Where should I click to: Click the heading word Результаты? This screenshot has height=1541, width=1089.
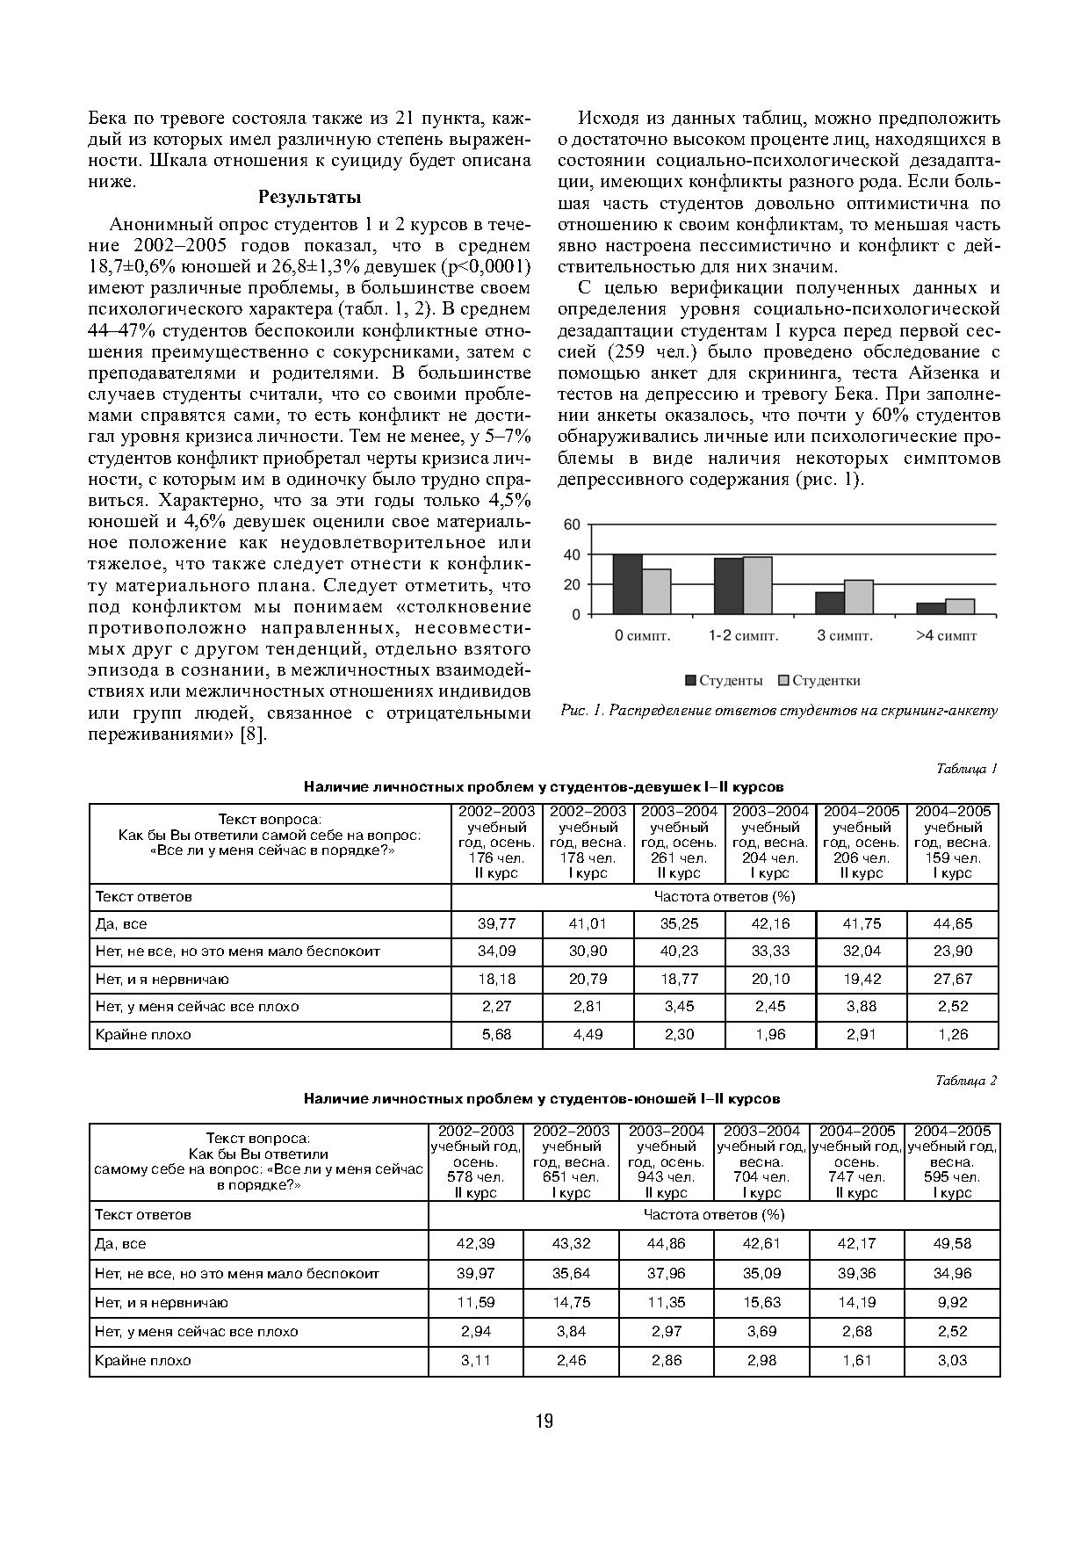coord(309,198)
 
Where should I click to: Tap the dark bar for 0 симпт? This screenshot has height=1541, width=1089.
coord(627,584)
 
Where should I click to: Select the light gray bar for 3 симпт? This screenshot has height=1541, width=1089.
coord(858,597)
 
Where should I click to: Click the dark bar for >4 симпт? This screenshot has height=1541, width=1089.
coord(931,608)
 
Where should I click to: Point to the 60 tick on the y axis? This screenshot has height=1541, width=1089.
coord(572,525)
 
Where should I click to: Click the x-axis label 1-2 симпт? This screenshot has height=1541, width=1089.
coord(743,636)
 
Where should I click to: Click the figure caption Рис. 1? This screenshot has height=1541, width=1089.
coord(778,711)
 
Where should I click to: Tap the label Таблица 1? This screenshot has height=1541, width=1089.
coord(966,769)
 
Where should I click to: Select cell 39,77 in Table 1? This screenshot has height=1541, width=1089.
coord(496,923)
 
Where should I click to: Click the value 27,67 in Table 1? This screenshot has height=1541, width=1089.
coord(953,979)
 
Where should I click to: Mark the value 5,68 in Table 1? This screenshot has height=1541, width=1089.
coord(496,1034)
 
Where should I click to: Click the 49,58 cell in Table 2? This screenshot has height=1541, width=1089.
coord(953,1243)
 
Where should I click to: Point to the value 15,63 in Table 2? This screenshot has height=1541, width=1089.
coord(761,1302)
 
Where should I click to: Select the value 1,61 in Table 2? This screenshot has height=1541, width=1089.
coord(857,1360)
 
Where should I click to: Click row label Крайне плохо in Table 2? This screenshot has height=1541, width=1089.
coord(143,1360)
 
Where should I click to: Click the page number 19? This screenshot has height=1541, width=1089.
coord(544,1422)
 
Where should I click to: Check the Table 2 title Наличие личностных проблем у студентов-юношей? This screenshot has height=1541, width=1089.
coord(542,1098)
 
